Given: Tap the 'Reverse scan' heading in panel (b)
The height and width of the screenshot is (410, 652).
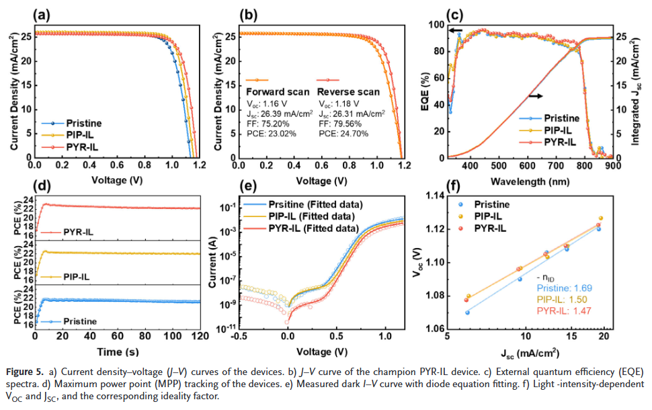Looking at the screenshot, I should pyautogui.click(x=348, y=92).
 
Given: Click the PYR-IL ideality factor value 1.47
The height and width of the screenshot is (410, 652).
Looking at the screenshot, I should pyautogui.click(x=556, y=312).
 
